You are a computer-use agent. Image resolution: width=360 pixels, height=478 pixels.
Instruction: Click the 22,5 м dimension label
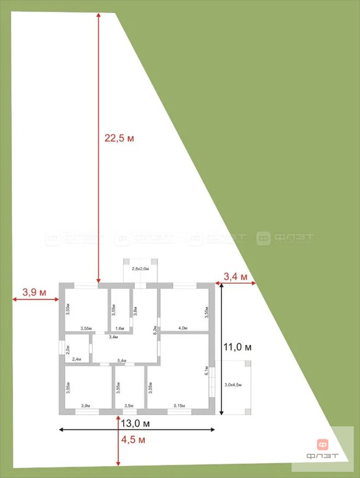pyautogui.click(x=119, y=138)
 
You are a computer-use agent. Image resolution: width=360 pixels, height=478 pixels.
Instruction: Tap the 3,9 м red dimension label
pyautogui.click(x=35, y=291)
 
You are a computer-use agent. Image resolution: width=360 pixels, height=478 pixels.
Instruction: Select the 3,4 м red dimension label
pyautogui.click(x=236, y=276)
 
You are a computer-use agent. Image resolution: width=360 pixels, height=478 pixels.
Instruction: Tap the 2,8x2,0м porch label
pyautogui.click(x=140, y=269)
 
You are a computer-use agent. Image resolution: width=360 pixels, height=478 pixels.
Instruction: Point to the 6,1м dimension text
pyautogui.click(x=206, y=371)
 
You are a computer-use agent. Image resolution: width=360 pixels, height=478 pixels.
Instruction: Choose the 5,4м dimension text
pyautogui.click(x=122, y=361)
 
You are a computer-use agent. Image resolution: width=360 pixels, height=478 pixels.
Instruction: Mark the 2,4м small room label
pyautogui.click(x=77, y=360)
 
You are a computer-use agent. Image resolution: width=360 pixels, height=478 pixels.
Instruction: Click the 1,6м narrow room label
pyautogui.click(x=120, y=328)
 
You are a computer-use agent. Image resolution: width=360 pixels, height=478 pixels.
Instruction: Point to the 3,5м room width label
pyautogui.click(x=129, y=406)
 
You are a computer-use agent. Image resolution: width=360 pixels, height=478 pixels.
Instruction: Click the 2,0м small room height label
pyautogui.click(x=68, y=349)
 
